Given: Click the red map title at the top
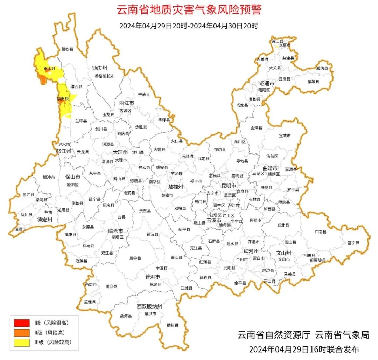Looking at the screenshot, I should point(189,9).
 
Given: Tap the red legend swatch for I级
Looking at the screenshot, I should point(22,323).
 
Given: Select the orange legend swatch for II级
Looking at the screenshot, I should point(22,333).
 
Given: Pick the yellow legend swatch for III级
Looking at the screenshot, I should point(22,342).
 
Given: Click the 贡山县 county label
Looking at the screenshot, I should point(49,69).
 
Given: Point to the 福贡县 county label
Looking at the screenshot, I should point(63,99).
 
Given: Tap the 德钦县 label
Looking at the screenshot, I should point(68,49).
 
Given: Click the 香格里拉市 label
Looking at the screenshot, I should point(104,76).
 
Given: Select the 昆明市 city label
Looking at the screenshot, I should point(229,185).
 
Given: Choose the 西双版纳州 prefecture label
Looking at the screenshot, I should point(149,306).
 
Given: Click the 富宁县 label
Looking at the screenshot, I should point(353,243).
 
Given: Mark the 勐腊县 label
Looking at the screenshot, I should point(172,325).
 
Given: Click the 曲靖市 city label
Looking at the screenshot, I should point(270,168).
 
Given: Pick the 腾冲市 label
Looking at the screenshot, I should point(49,177).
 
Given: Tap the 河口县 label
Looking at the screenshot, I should point(269,281).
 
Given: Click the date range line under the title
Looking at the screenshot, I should point(189,26).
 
